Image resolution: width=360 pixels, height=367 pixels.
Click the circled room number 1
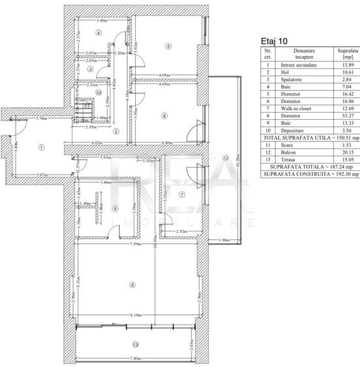40,147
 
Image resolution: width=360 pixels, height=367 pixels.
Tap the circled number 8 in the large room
132,284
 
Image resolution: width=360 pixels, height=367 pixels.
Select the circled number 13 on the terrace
134,344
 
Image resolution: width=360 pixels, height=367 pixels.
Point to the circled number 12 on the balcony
224,157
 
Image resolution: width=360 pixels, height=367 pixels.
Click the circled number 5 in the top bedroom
168,46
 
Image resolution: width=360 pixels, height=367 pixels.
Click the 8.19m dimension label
136,315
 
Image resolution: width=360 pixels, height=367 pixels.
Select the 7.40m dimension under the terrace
134,359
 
